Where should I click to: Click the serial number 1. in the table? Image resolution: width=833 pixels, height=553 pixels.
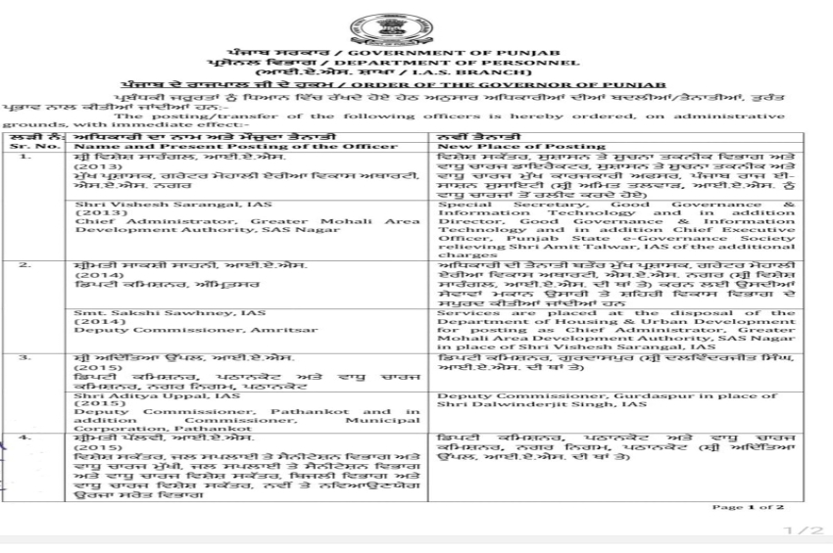(26, 157)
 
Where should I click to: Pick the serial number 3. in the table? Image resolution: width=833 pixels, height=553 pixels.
(26, 358)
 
